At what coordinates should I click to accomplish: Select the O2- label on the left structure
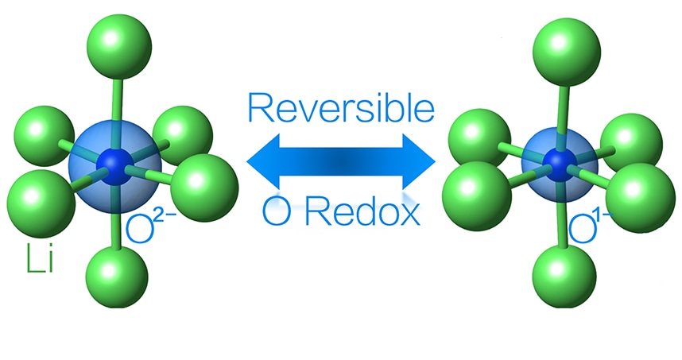[x=148, y=227]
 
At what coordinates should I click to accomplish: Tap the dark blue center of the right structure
[x=562, y=162]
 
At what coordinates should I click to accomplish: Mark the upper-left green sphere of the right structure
[x=479, y=134]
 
